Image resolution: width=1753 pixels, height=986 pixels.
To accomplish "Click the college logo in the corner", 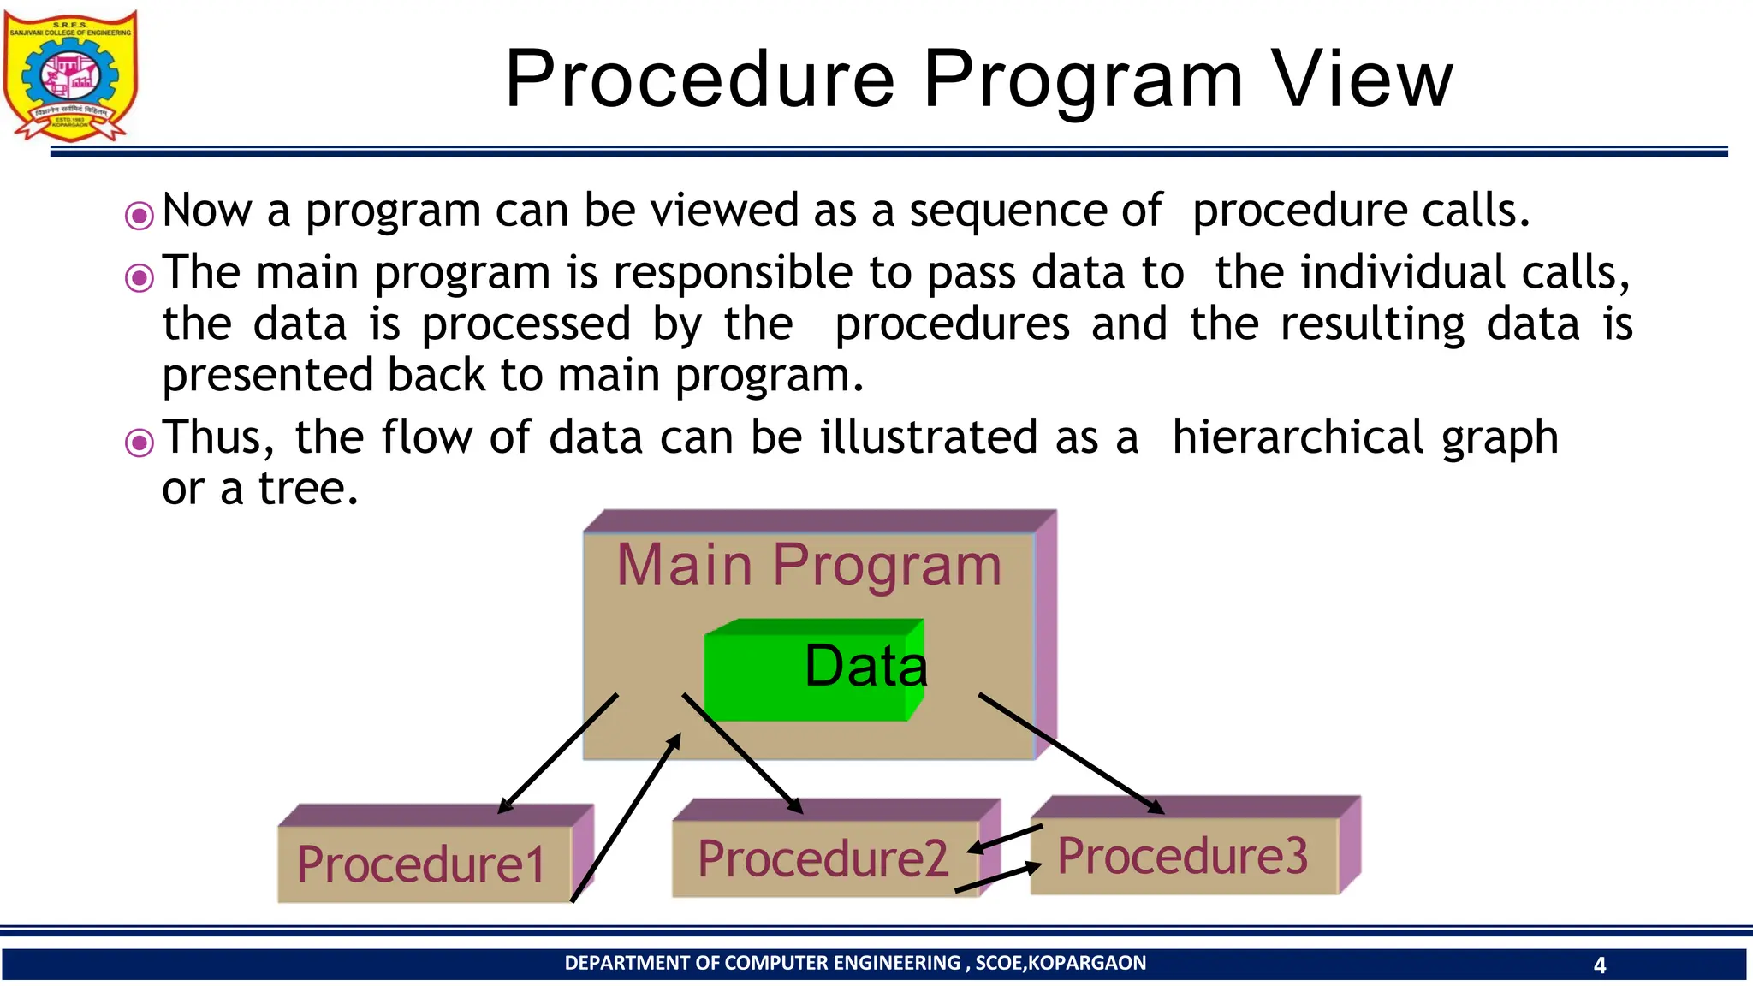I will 70,75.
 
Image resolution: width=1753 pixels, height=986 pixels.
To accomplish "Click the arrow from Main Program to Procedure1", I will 557,753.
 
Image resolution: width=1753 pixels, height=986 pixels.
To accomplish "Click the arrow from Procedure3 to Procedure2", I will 1005,839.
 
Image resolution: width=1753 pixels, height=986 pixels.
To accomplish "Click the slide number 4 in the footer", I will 1599,965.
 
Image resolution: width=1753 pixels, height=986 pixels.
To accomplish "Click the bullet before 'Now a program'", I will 140,215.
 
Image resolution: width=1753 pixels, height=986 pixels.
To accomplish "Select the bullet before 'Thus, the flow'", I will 140,443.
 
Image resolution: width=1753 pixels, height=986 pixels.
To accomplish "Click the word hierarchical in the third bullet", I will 1297,437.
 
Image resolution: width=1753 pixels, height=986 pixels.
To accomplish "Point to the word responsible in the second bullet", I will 733,274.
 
